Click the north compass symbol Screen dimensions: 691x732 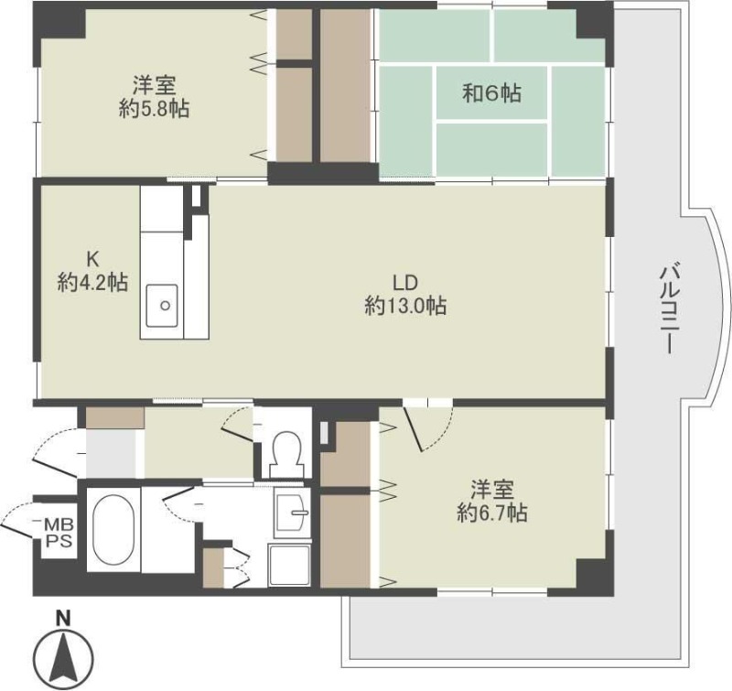pos(63,657)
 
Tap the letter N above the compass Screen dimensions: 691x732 pos(63,618)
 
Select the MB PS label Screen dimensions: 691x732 pos(57,532)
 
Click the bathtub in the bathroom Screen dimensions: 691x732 pos(113,530)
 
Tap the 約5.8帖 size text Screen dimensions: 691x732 pos(154,108)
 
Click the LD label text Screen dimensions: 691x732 pos(404,281)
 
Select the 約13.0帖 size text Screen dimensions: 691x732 pos(404,307)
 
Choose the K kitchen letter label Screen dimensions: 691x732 pos(91,258)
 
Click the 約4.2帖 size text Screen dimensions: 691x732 pos(92,283)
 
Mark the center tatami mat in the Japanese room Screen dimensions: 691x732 pos(492,92)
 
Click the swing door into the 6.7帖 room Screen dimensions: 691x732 pos(425,428)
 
